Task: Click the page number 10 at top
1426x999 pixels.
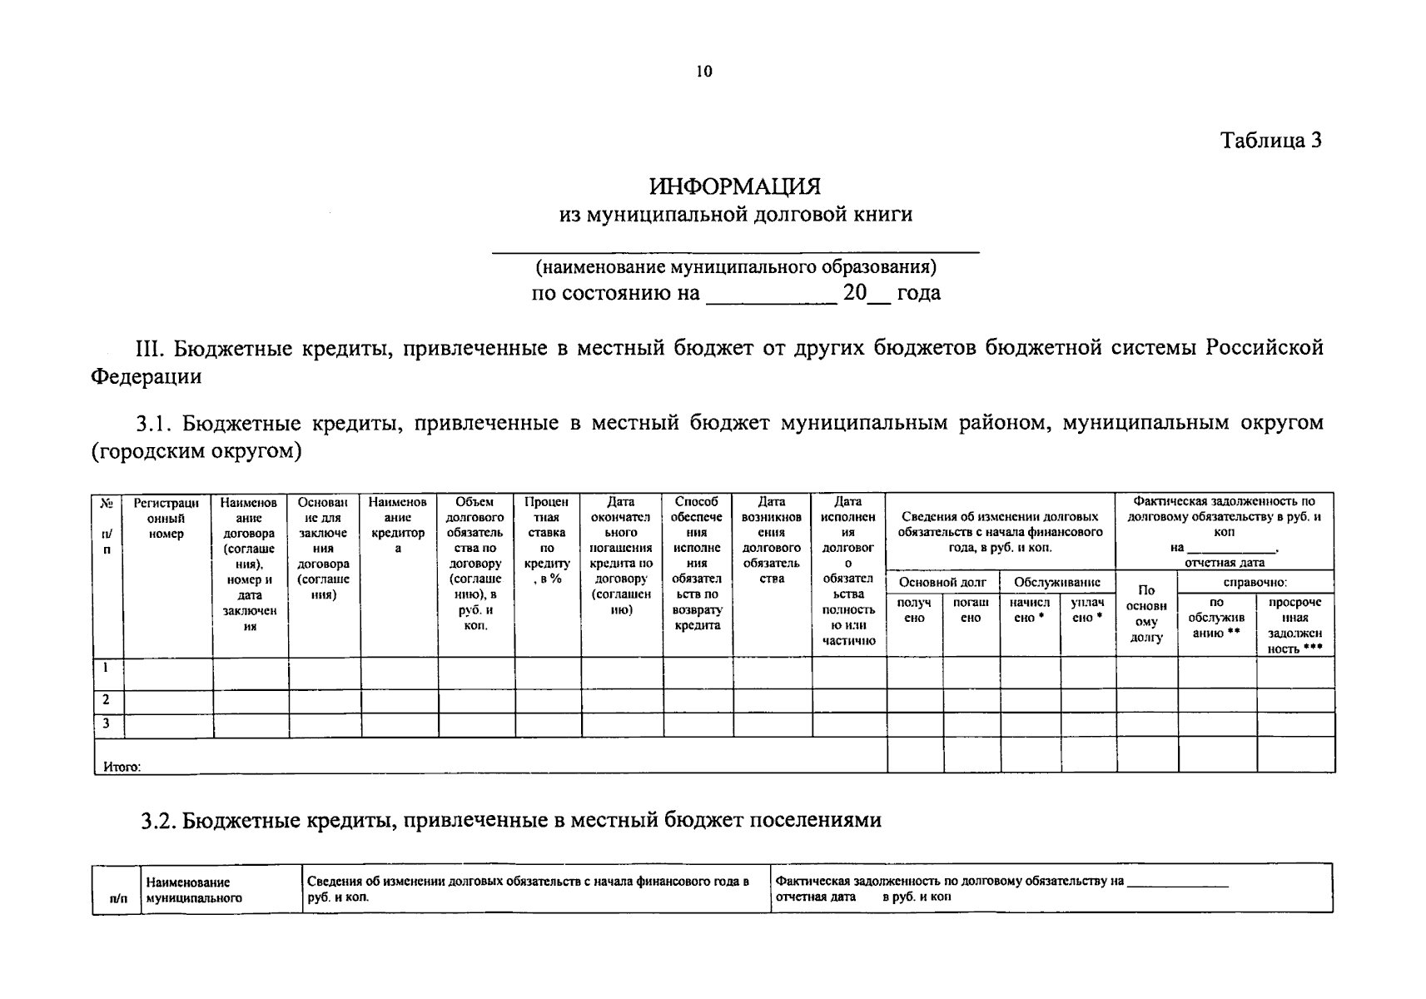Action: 703,72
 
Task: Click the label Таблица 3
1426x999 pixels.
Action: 1270,140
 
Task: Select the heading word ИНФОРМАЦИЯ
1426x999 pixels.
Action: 735,186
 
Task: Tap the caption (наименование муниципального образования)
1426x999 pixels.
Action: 736,267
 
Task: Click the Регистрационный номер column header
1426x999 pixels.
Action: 166,518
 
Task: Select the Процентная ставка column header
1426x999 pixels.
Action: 547,540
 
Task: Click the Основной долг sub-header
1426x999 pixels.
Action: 942,583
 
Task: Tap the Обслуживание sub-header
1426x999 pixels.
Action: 1057,583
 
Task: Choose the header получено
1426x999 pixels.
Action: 914,610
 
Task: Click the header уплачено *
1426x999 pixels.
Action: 1087,610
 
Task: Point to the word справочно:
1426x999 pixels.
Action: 1255,583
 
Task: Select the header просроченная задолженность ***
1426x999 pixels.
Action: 1294,625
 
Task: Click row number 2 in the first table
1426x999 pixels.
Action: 107,699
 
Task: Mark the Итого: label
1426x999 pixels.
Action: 122,767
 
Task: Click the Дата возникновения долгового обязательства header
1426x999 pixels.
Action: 772,540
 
